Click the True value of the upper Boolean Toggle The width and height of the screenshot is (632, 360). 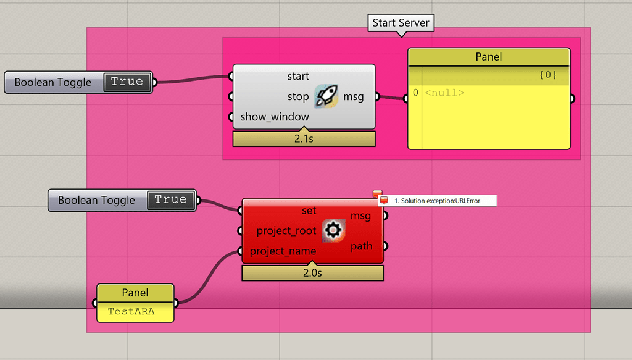click(127, 82)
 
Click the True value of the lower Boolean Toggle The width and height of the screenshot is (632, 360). click(170, 199)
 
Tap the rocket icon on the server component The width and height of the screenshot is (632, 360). click(326, 96)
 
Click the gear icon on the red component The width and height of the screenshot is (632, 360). click(333, 230)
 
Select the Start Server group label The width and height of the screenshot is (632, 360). click(401, 23)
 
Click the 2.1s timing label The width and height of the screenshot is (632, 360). click(304, 139)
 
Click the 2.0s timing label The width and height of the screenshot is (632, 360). click(312, 273)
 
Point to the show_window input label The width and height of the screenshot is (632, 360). click(275, 116)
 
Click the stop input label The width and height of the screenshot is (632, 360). click(298, 96)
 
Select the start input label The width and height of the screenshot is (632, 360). click(298, 76)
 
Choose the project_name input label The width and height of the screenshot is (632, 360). click(283, 251)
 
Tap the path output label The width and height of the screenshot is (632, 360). click(362, 246)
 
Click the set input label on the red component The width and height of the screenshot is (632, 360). click(309, 211)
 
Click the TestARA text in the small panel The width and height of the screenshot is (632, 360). click(131, 311)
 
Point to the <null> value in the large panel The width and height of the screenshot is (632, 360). click(444, 93)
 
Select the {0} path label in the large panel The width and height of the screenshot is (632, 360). click(547, 75)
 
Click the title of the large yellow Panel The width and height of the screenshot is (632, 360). click(488, 57)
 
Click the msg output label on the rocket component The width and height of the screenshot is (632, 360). click(354, 96)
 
